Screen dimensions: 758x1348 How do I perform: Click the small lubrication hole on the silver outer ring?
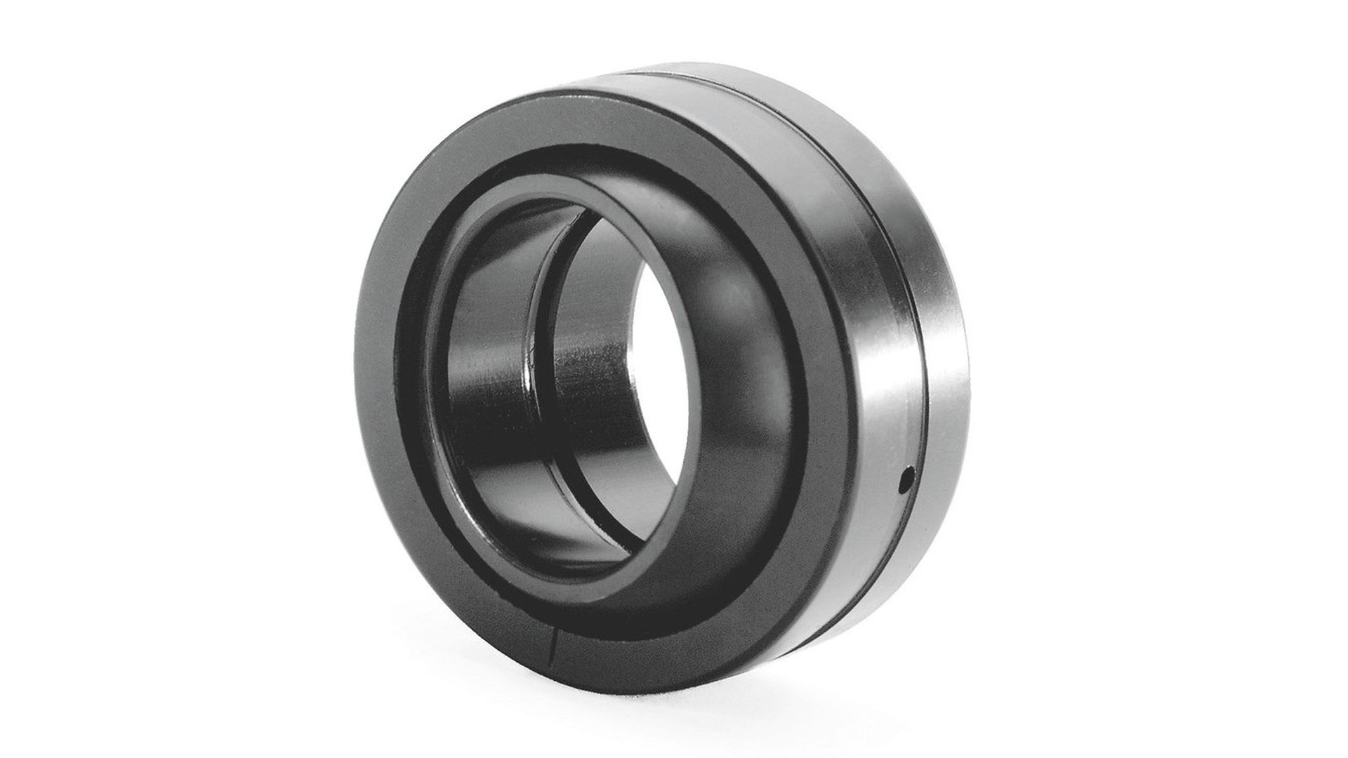pos(906,481)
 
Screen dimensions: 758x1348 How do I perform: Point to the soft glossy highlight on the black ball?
pos(730,295)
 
